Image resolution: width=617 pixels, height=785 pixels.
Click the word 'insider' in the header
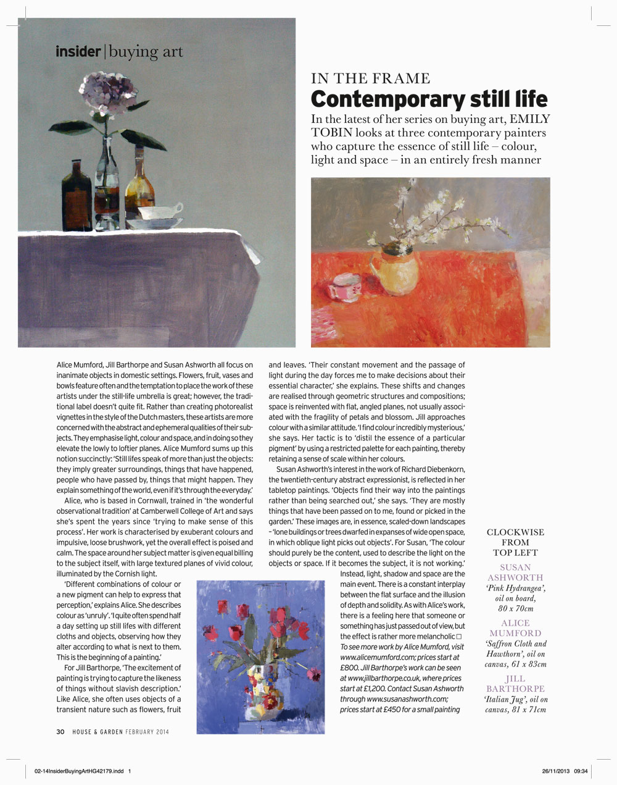point(78,51)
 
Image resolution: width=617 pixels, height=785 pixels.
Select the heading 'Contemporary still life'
point(429,99)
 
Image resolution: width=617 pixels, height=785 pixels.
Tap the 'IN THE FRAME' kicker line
point(371,78)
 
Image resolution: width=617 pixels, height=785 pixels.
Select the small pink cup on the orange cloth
point(344,288)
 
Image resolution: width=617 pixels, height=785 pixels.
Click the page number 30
point(60,732)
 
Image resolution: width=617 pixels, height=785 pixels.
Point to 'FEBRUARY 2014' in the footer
point(147,732)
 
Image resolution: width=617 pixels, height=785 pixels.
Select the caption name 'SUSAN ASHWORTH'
point(515,572)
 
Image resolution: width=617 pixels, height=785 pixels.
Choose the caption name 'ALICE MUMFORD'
point(515,628)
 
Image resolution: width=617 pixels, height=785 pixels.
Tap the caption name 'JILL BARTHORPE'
point(515,683)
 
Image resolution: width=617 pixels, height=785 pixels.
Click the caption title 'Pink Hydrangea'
point(515,588)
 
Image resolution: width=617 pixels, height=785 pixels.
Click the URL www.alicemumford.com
point(378,657)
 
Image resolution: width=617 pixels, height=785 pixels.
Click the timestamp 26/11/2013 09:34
point(565,770)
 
